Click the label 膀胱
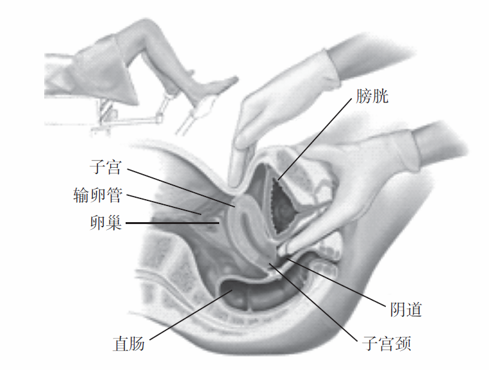coord(372,97)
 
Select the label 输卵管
coord(97,195)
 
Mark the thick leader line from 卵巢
coord(173,223)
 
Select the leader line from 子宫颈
coord(314,301)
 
